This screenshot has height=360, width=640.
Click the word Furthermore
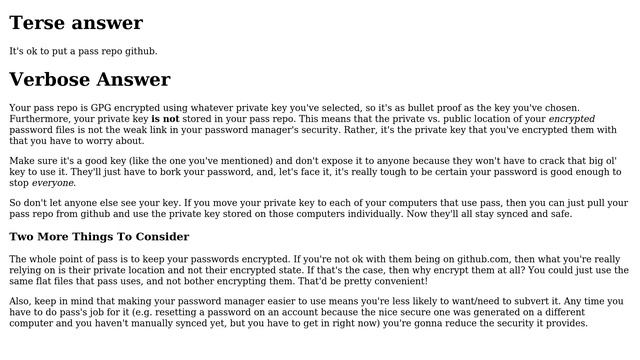(x=41, y=118)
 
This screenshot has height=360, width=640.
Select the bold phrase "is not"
(x=165, y=118)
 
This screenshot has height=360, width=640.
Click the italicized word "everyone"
(x=52, y=183)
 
